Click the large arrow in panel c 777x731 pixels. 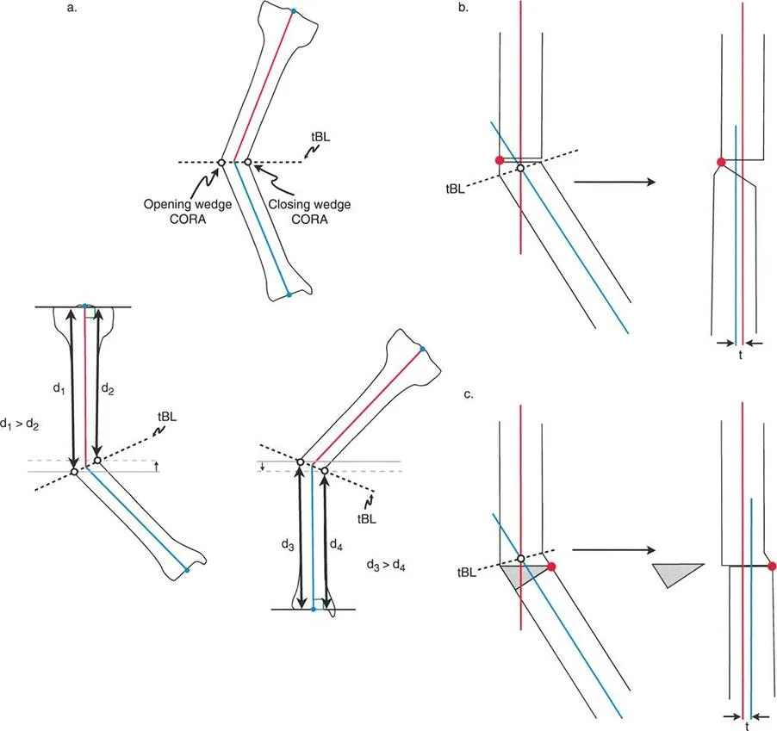613,548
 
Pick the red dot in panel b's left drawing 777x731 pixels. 498,161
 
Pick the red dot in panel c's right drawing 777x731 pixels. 771,566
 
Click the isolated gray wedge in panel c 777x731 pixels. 677,574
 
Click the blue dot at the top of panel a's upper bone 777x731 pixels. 294,10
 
